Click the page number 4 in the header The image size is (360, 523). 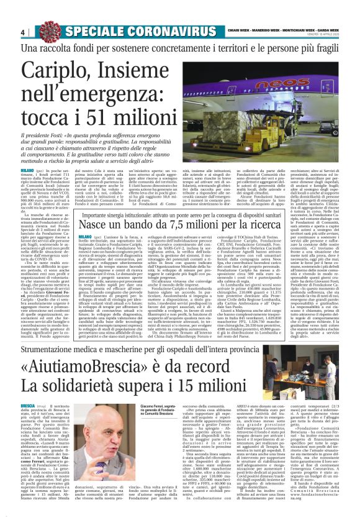(22, 32)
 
